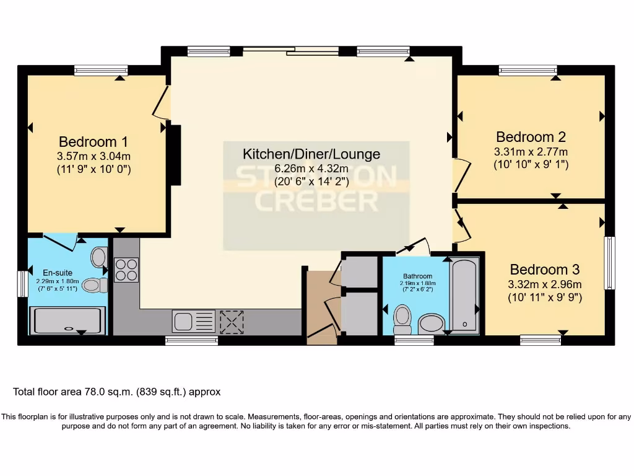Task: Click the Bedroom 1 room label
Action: [93, 141]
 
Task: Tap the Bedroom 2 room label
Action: [531, 136]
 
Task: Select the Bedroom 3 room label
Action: [544, 270]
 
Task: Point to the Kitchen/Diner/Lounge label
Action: [311, 154]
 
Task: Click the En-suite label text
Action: [58, 272]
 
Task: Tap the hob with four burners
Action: [126, 270]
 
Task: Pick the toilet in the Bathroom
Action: [402, 317]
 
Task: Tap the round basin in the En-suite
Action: [99, 256]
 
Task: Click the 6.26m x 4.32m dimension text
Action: [311, 169]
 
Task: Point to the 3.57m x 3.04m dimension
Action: [93, 156]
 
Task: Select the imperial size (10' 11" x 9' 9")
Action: [544, 297]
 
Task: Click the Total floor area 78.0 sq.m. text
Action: [116, 392]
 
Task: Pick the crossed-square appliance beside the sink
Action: [232, 322]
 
